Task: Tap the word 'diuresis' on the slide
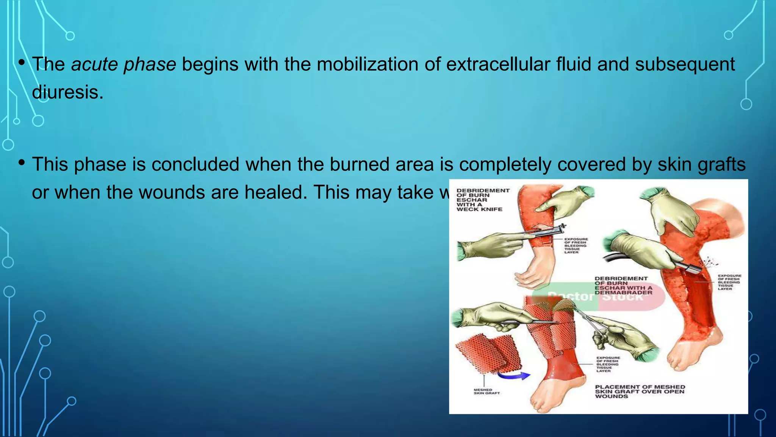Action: pyautogui.click(x=67, y=93)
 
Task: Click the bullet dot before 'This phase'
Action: pyautogui.click(x=22, y=163)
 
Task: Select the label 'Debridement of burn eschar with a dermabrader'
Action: pyautogui.click(x=623, y=286)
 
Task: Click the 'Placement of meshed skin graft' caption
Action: pyautogui.click(x=640, y=391)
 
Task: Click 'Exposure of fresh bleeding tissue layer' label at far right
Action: pyautogui.click(x=729, y=282)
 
